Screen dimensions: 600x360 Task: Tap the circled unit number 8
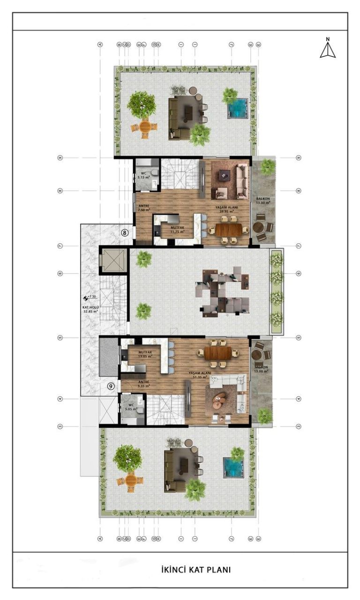(x=125, y=232)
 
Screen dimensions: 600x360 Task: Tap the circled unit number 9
(x=111, y=386)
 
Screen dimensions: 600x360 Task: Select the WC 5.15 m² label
(x=142, y=175)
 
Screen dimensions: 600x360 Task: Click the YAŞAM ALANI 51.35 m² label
(x=200, y=375)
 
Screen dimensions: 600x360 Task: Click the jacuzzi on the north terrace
(x=237, y=108)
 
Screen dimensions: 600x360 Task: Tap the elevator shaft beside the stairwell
(x=113, y=261)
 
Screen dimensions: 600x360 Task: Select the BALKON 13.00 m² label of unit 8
(x=263, y=201)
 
